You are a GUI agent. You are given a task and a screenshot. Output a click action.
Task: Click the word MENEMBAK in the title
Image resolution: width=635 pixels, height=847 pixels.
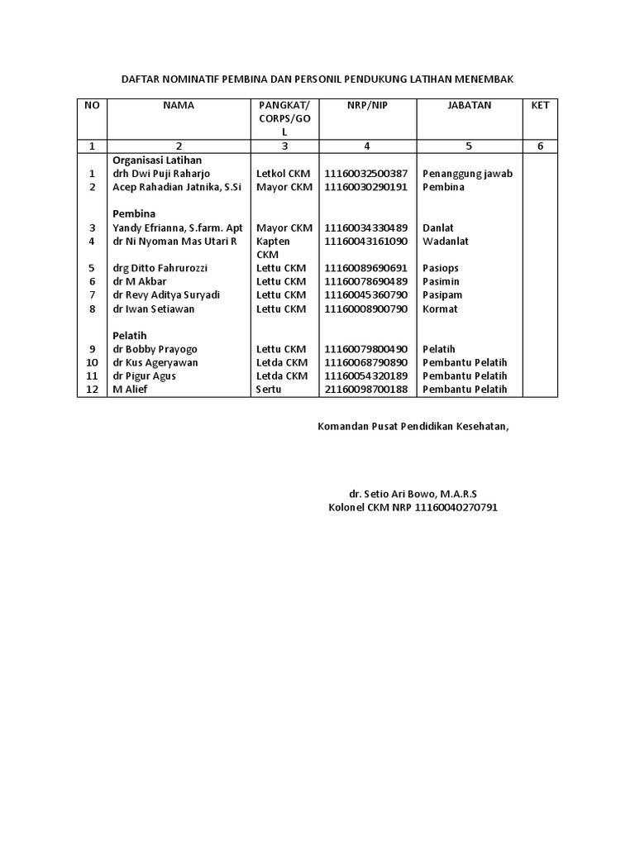(484, 79)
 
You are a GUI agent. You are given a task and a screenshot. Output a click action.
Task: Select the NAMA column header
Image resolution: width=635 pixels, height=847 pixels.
(179, 105)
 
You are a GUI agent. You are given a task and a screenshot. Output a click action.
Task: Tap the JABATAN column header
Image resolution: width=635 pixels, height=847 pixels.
(469, 105)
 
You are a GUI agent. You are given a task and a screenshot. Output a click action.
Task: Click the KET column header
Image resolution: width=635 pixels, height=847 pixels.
(540, 105)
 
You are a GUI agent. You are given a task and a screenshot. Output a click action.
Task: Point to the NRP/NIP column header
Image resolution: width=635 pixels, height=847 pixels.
(366, 105)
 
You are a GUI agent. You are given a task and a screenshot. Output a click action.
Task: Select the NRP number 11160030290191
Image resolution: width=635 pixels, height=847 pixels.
(366, 187)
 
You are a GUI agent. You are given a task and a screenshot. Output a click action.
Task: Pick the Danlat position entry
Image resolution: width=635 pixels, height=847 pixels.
(438, 227)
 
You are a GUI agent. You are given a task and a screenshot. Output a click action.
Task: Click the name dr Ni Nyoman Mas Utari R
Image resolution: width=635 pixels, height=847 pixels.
(174, 241)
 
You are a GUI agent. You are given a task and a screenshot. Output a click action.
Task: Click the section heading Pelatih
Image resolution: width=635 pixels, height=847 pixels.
(130, 335)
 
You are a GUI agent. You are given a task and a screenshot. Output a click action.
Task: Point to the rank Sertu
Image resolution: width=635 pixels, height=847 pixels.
(269, 390)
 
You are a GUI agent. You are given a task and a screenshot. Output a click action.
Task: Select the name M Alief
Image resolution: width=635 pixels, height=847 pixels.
(131, 390)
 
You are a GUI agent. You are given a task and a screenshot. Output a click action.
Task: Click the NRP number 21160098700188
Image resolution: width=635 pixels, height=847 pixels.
(366, 390)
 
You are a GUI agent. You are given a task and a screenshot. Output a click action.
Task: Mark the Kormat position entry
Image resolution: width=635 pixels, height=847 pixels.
(440, 309)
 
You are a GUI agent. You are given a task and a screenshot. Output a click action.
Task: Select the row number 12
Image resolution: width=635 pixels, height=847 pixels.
(92, 390)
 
